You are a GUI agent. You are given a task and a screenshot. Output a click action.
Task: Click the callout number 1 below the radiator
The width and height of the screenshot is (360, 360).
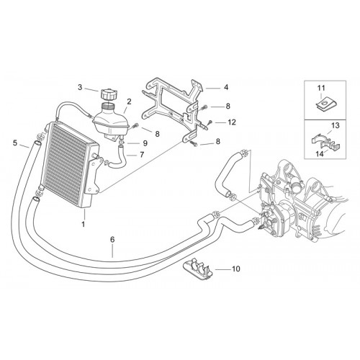click(x=84, y=225)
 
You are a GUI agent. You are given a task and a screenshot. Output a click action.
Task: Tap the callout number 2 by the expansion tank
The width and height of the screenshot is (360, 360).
click(x=129, y=102)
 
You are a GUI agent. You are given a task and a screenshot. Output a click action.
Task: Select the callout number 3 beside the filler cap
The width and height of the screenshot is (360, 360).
click(x=80, y=87)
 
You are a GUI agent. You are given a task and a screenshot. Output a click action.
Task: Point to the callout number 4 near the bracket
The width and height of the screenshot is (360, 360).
click(x=226, y=87)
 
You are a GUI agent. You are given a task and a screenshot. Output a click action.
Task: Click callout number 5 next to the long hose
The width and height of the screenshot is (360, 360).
click(x=15, y=143)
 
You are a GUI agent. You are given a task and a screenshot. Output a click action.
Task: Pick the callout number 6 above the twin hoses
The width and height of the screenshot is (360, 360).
click(x=112, y=240)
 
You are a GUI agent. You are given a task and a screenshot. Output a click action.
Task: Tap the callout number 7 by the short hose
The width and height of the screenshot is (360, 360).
click(x=142, y=155)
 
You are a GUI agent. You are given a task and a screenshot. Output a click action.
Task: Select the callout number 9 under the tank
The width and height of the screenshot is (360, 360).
click(x=145, y=143)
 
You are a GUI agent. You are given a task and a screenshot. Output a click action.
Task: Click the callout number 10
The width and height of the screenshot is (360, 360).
click(x=235, y=269)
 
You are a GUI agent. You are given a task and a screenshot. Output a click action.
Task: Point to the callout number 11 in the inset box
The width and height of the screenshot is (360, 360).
click(x=321, y=88)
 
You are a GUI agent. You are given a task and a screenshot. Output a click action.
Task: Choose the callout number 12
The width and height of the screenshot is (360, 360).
click(x=232, y=122)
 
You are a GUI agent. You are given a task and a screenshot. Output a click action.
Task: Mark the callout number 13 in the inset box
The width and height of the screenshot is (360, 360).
click(x=336, y=125)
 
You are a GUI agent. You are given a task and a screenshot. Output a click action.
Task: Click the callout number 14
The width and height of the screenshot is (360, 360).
click(x=320, y=154)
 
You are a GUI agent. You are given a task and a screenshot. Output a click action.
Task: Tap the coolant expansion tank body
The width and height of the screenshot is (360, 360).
click(x=111, y=121)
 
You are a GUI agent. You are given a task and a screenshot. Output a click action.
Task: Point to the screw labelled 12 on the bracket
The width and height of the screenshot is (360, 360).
click(x=210, y=122)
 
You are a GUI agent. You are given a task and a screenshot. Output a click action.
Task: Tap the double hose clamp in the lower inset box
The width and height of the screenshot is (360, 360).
click(x=325, y=142)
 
